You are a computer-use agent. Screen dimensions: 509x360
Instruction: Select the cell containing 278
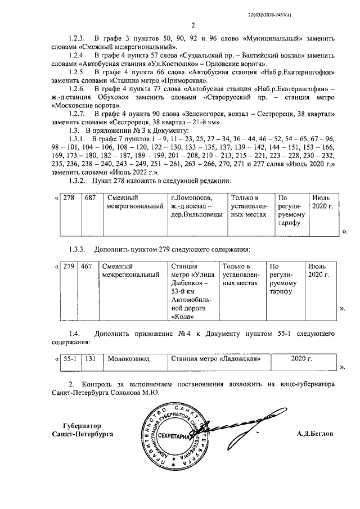coord(69,199)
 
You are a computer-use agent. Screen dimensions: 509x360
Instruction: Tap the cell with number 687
coord(91,199)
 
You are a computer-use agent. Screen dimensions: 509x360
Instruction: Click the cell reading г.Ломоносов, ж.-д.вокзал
coord(196,206)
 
